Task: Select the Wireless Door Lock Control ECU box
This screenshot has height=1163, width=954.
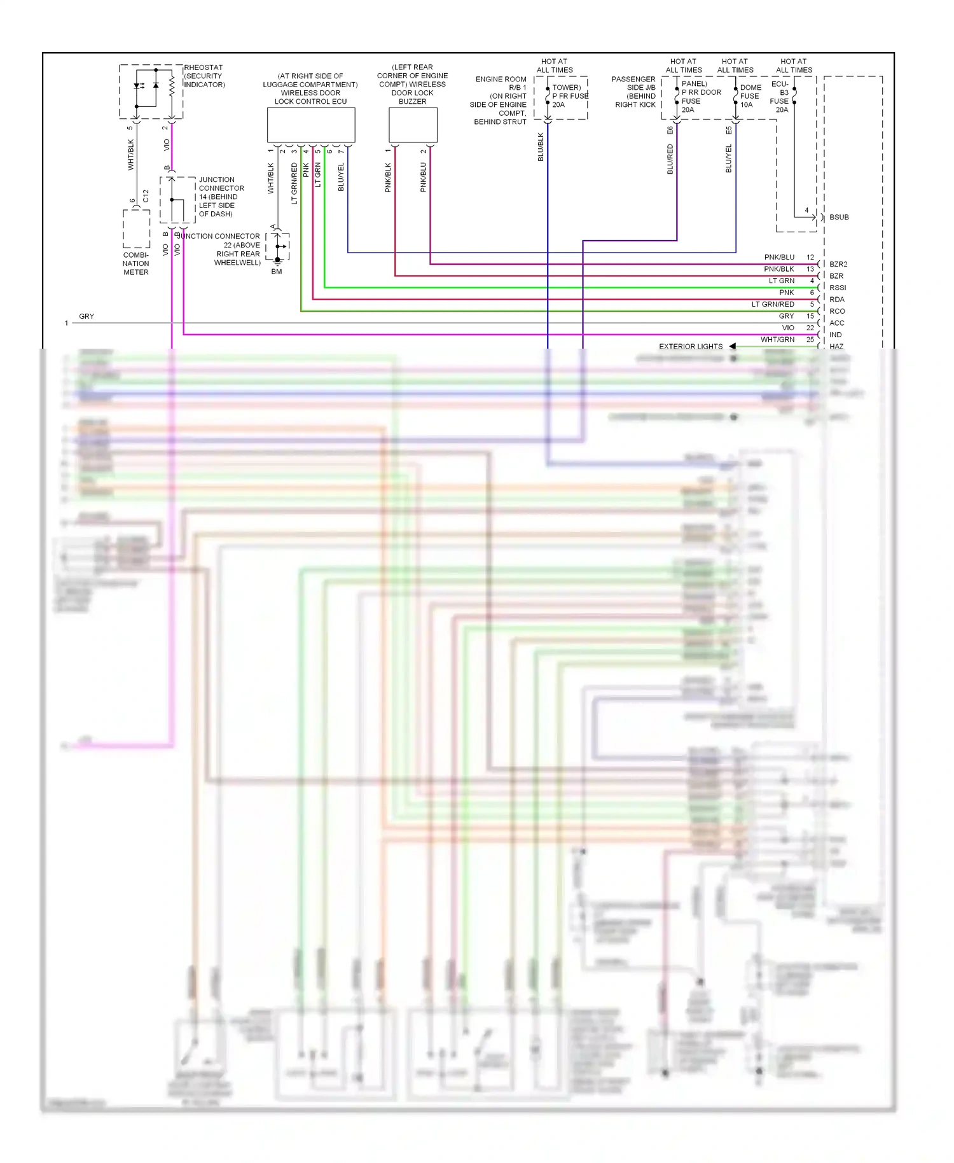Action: (x=310, y=125)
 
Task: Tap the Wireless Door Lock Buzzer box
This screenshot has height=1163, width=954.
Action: (x=413, y=125)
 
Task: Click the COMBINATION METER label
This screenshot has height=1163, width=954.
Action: (x=136, y=263)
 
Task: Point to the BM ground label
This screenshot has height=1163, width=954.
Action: (x=277, y=272)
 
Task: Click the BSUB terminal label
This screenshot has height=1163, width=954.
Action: (x=839, y=217)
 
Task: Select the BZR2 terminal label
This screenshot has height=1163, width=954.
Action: (x=838, y=264)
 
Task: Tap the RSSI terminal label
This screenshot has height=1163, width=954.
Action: (x=838, y=288)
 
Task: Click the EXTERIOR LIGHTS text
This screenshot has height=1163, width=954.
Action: (x=691, y=347)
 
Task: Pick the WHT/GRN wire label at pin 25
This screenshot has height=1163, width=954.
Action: (x=777, y=340)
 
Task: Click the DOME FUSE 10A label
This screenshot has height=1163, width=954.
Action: (x=750, y=96)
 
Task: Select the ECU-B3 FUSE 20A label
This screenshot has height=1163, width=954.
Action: (x=780, y=97)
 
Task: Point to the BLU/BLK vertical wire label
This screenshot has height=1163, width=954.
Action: (x=541, y=147)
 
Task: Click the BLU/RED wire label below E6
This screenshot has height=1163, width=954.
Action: (x=670, y=159)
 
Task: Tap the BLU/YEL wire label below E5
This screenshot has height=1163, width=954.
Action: (x=729, y=159)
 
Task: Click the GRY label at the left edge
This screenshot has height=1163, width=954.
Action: (x=86, y=316)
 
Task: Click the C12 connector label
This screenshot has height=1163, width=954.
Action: (x=146, y=196)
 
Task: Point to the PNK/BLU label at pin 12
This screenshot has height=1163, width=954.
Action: (x=779, y=257)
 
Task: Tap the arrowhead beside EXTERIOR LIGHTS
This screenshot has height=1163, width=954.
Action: (x=733, y=346)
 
